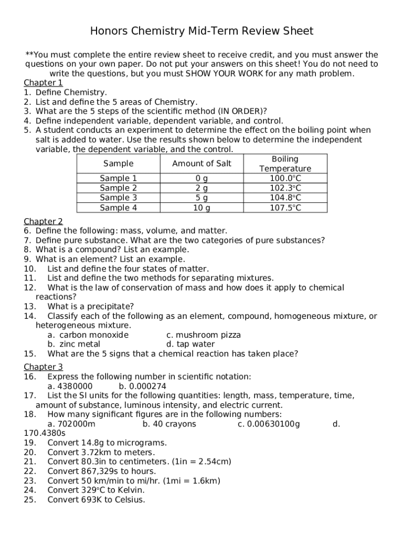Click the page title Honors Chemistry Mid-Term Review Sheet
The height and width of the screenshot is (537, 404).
click(202, 31)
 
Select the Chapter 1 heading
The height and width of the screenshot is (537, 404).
click(43, 83)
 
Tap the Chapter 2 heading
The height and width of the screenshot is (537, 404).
click(43, 221)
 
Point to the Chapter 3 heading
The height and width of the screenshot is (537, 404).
click(43, 367)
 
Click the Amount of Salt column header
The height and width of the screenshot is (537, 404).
click(201, 164)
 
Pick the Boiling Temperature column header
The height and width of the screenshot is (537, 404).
click(285, 164)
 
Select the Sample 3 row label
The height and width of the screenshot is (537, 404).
click(118, 198)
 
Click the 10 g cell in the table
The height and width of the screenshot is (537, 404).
click(201, 208)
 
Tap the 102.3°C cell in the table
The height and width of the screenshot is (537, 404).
click(285, 188)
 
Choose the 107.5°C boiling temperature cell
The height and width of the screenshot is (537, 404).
click(285, 208)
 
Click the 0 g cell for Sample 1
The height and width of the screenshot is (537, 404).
click(201, 178)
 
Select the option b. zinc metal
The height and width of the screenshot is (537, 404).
click(73, 345)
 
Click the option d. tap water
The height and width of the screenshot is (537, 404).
click(190, 345)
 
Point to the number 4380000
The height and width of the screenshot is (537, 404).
click(75, 386)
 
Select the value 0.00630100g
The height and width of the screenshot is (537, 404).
click(273, 424)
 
